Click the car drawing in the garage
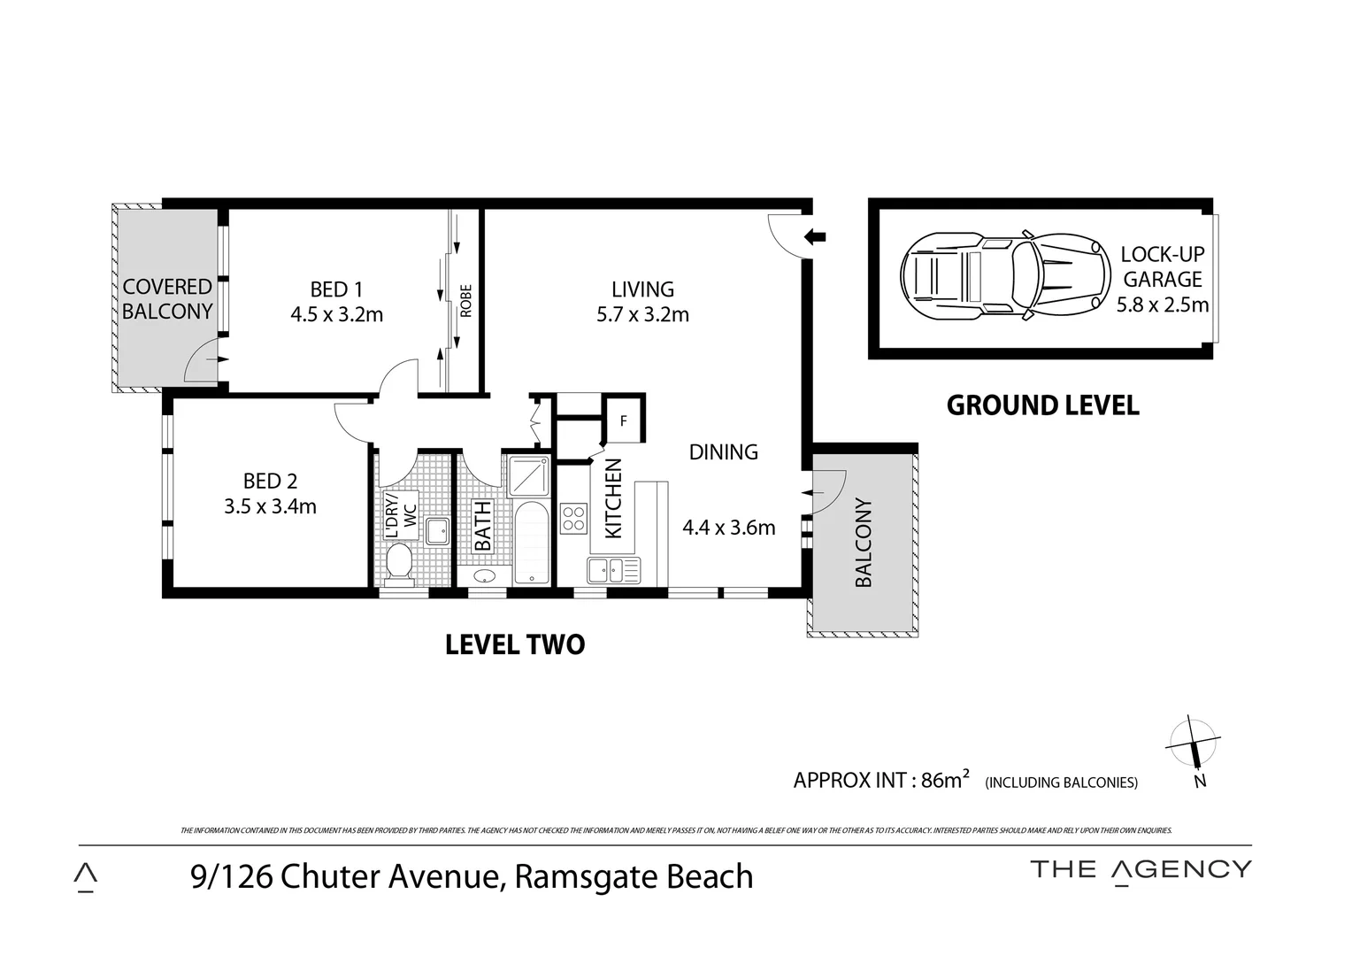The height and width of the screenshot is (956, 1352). (x=1004, y=276)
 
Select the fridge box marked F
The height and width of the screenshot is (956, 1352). (x=623, y=420)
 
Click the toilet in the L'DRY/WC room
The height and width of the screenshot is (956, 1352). (x=399, y=563)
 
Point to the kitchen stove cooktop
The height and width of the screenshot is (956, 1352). (x=572, y=518)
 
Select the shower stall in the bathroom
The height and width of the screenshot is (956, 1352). (x=529, y=477)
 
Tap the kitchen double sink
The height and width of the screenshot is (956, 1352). (x=613, y=570)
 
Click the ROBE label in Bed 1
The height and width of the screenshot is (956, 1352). (x=466, y=301)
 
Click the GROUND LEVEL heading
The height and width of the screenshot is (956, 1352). (x=1042, y=405)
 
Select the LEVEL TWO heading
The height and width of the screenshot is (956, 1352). (x=514, y=644)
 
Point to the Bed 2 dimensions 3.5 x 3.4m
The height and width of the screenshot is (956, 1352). (x=270, y=506)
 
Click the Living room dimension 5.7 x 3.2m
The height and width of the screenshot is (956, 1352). (x=642, y=314)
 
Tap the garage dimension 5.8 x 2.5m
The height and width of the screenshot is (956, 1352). (x=1162, y=305)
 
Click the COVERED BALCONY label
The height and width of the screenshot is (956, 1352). (x=167, y=299)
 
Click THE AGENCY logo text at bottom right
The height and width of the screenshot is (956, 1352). (x=1141, y=870)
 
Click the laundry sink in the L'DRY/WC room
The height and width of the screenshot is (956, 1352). (x=437, y=531)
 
